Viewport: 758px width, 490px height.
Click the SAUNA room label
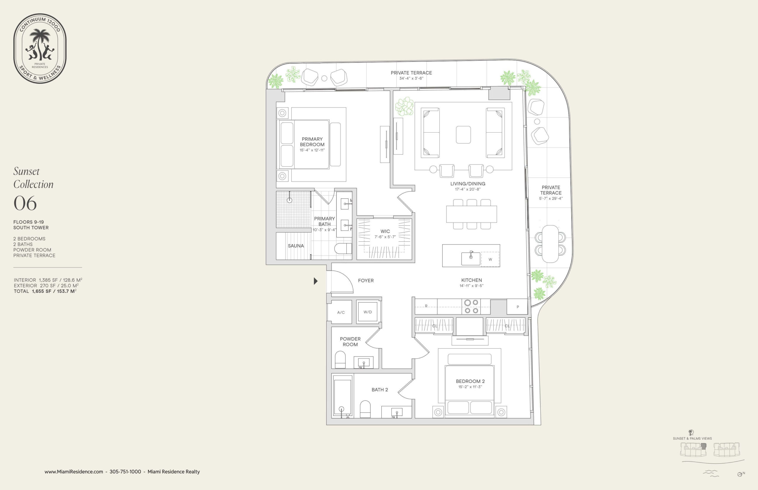point(296,246)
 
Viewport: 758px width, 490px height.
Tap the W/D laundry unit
point(368,312)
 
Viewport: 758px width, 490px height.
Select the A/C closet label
point(341,312)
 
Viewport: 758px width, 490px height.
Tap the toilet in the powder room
point(340,360)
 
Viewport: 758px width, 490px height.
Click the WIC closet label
point(385,231)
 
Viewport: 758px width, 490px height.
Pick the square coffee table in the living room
point(463,135)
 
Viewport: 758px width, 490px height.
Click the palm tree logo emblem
point(40,45)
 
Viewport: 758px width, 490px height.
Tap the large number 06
point(25,203)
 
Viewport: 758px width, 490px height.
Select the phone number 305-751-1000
point(125,472)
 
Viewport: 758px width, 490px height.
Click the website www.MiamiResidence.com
point(74,472)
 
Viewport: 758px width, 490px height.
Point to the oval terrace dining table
point(550,244)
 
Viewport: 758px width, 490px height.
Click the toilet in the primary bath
point(343,249)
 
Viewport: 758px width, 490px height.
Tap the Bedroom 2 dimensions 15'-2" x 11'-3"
point(470,387)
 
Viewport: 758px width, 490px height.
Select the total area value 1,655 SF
point(41,291)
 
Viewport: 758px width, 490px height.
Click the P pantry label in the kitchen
point(518,307)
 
